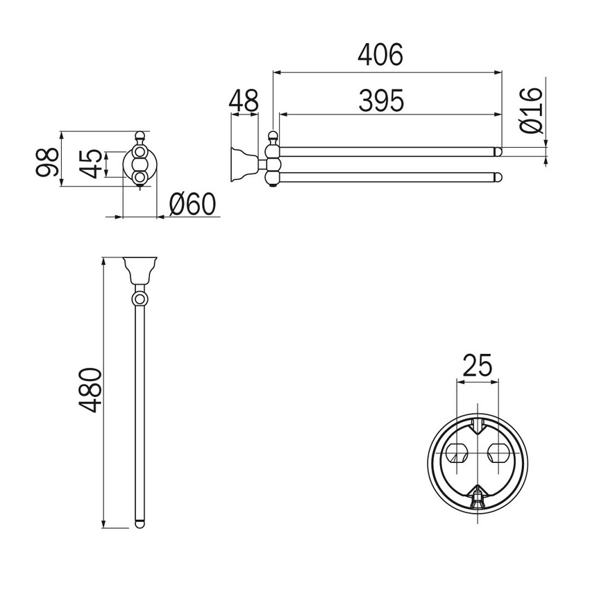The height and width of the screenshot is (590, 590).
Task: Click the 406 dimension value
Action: tap(380, 55)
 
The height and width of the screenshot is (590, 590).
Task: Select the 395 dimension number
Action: tap(381, 101)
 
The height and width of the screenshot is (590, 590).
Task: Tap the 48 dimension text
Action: tap(244, 101)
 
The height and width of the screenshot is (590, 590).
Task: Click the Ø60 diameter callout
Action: tap(193, 204)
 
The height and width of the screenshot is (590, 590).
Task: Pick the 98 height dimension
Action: tap(47, 162)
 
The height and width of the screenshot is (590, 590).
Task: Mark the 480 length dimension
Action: tap(90, 390)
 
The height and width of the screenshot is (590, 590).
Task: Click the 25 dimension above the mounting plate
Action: tap(477, 365)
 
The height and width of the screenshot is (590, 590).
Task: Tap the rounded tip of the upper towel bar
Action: tap(498, 151)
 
